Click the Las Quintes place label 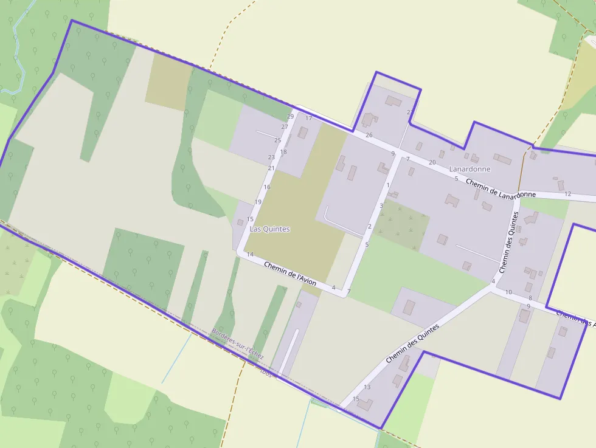[x=269, y=229]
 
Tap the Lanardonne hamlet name [x=470, y=168]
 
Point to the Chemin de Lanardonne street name [x=501, y=188]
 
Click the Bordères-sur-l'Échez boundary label [x=237, y=343]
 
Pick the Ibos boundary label [x=266, y=371]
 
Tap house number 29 [x=290, y=117]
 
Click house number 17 [x=308, y=119]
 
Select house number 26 [x=369, y=135]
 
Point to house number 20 [x=432, y=162]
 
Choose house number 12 [x=567, y=194]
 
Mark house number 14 [x=250, y=255]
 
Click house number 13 [x=367, y=387]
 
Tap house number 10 [x=508, y=293]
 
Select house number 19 [x=258, y=202]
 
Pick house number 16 [x=267, y=187]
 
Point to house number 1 [x=387, y=185]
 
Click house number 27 [x=285, y=127]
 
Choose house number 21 [x=271, y=168]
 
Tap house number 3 [x=381, y=206]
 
